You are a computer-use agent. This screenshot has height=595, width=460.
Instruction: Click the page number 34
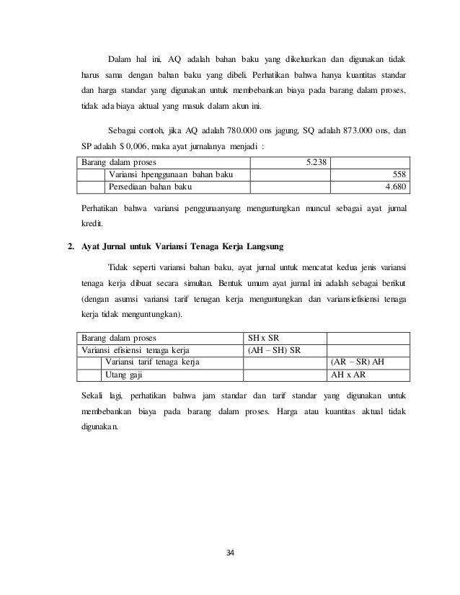point(230,553)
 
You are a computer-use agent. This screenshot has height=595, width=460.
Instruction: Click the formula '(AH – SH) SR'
point(275,350)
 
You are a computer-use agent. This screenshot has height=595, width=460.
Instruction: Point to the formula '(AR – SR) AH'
point(357,362)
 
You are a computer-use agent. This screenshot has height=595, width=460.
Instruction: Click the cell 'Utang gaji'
point(124,375)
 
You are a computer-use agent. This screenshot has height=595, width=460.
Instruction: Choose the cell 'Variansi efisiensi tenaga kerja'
point(137,350)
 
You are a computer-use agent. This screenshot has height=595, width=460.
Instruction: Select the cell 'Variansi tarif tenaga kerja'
point(154,362)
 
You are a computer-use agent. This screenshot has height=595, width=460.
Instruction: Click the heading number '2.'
point(71,247)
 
